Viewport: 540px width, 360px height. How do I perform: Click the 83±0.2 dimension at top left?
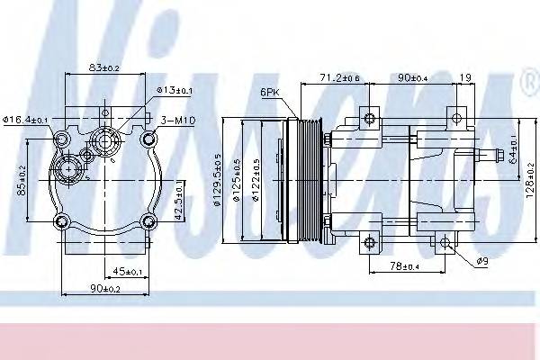tap(105, 67)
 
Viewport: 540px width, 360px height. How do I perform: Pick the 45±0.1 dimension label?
tap(129, 270)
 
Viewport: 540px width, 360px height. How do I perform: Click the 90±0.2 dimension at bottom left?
tap(104, 288)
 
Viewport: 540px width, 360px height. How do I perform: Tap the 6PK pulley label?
tap(269, 92)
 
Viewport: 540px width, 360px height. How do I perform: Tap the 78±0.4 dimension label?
tap(405, 265)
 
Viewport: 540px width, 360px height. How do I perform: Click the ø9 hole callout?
tap(483, 262)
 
